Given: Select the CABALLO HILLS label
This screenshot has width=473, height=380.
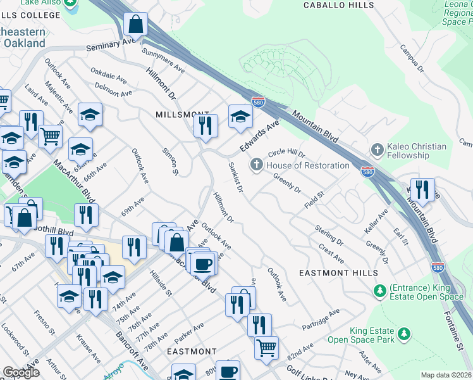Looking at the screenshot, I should coord(340,5).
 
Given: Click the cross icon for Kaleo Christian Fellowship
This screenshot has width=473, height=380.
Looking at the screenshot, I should coord(377,150).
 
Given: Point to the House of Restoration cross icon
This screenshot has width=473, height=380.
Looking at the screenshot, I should coord(256,165).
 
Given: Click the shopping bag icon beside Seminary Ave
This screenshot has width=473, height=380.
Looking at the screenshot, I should coord(136,25).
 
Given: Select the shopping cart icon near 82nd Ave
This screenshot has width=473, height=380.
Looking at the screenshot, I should coord(267,347).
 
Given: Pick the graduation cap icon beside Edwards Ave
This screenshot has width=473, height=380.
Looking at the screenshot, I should coord(240,117).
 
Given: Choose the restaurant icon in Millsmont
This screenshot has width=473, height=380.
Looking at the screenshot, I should coord(206,126).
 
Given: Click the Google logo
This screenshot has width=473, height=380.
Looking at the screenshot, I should coord(21,372).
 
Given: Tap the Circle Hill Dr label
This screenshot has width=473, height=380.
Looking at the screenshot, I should coord(286,154).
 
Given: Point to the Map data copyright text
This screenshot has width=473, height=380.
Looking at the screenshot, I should coord(446,375).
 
